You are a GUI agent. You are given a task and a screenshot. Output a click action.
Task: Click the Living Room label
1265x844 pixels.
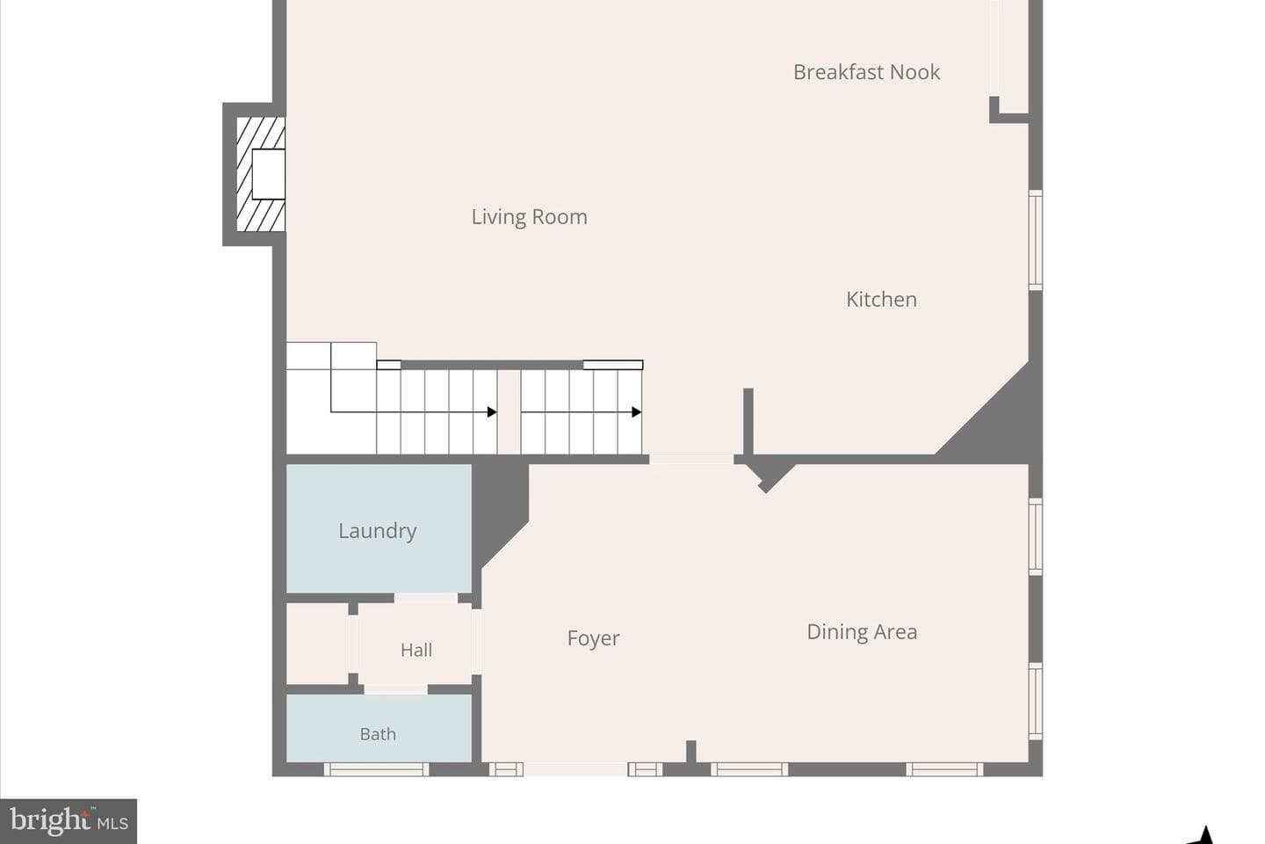coord(529,217)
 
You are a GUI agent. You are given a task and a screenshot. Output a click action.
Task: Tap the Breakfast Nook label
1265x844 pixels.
coord(866,72)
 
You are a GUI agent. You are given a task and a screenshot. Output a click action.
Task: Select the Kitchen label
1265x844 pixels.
coord(881,300)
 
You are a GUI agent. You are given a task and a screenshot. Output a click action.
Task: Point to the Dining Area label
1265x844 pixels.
coord(862,632)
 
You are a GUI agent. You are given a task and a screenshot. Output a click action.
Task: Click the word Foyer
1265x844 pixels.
coord(593,638)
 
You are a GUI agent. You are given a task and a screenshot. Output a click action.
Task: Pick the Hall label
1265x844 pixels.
coord(416,650)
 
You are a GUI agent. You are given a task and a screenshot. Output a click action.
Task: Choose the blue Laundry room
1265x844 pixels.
coord(379,528)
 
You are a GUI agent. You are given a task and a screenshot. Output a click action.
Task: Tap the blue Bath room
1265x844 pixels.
coord(379,728)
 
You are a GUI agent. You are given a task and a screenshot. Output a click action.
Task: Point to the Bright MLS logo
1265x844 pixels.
coord(69,821)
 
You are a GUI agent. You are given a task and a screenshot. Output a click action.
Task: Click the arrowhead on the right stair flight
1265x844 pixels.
coord(636,412)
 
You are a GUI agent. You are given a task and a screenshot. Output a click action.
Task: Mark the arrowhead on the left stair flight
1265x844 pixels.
coord(492,412)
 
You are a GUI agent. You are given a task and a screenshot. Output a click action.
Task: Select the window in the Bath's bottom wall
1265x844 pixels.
coord(376,769)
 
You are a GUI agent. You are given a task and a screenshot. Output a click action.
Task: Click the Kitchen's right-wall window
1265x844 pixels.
coord(1035,240)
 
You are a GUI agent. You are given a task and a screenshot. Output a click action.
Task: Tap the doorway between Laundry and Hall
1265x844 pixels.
coord(426,598)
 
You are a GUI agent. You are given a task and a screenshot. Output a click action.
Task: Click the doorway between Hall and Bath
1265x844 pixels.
coord(395,689)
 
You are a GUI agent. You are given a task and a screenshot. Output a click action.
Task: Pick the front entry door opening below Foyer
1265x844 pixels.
coord(575,769)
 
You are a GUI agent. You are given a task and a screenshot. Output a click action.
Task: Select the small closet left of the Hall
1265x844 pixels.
coord(317,644)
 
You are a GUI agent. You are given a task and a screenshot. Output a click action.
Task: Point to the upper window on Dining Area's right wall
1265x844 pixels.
coord(1035,536)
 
